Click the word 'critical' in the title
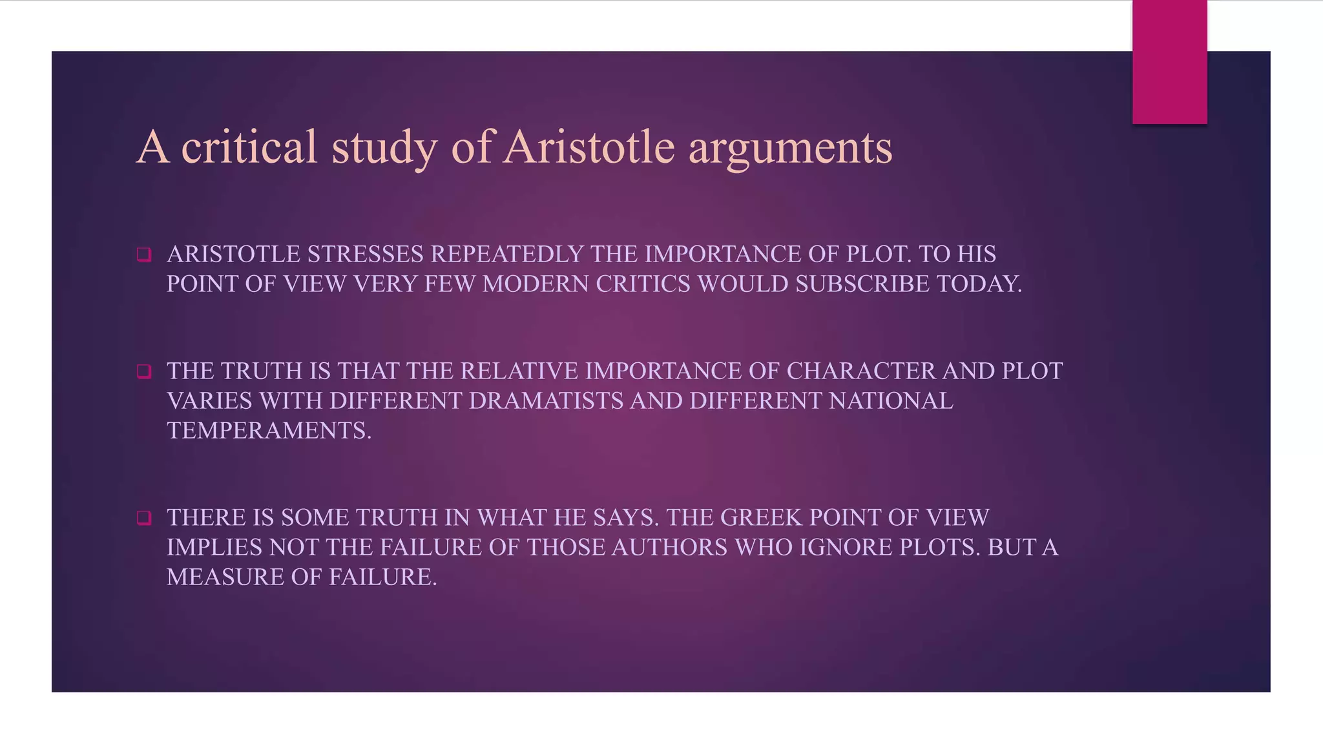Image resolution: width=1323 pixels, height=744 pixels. pos(249,147)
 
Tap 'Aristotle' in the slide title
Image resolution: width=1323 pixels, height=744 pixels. pos(589,147)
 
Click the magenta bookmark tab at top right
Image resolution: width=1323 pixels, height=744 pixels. pos(1169,62)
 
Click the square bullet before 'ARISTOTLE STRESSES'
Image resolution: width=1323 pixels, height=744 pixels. pos(144,254)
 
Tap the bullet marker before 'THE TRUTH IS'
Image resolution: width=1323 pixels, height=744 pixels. pos(144,371)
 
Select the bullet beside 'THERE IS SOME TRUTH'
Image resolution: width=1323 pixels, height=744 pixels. pos(144,518)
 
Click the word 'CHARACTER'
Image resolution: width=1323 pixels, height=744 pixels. pos(860,371)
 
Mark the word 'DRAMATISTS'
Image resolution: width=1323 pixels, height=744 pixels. pos(546,401)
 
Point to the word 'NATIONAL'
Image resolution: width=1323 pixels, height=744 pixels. pos(891,401)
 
